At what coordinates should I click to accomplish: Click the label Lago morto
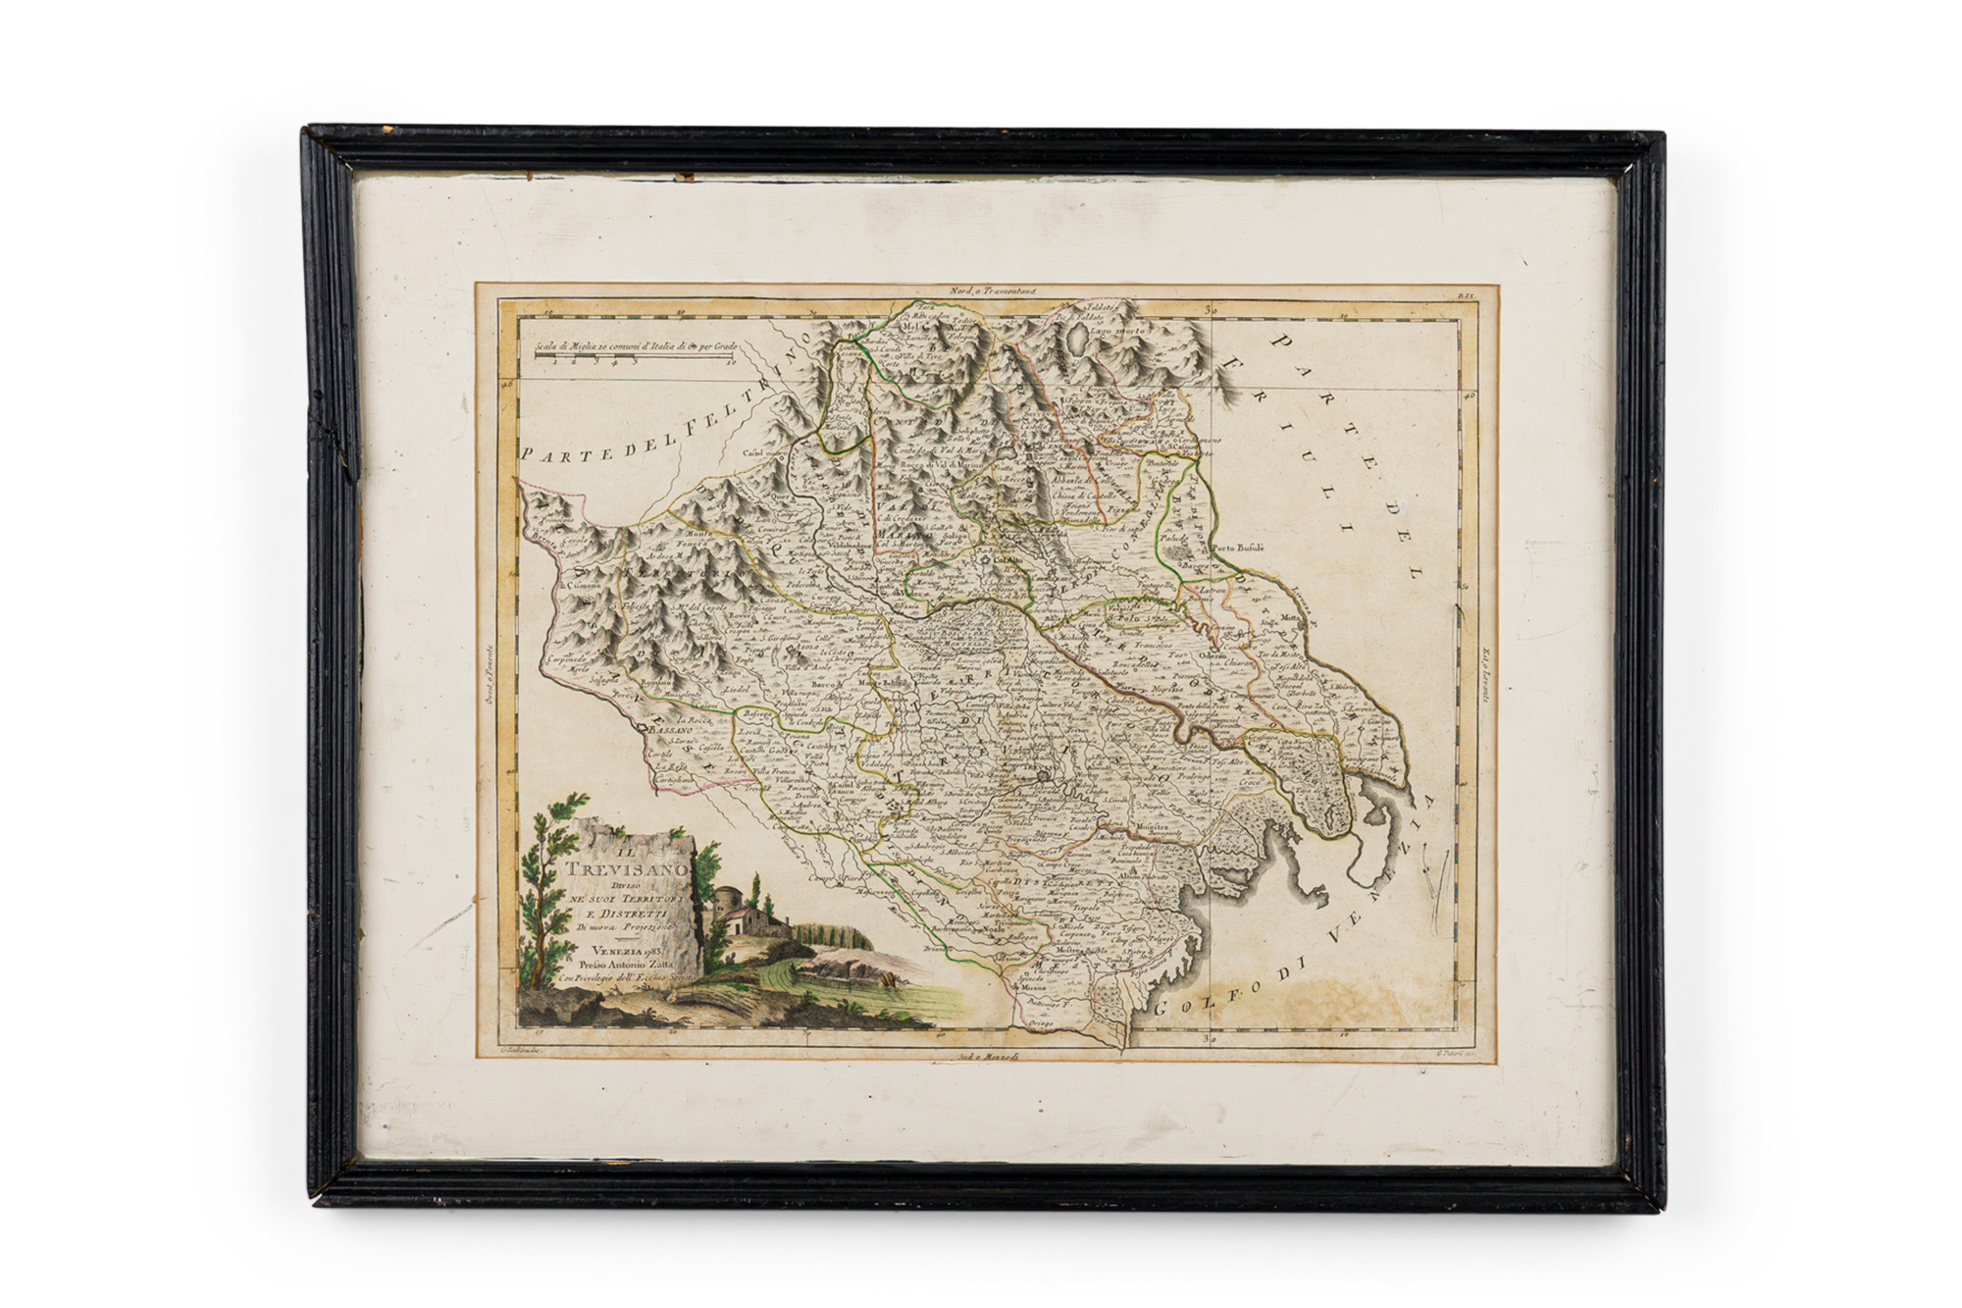click(1119, 333)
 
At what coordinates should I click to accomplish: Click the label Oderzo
click(1213, 654)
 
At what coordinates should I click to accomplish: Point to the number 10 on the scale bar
click(734, 361)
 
